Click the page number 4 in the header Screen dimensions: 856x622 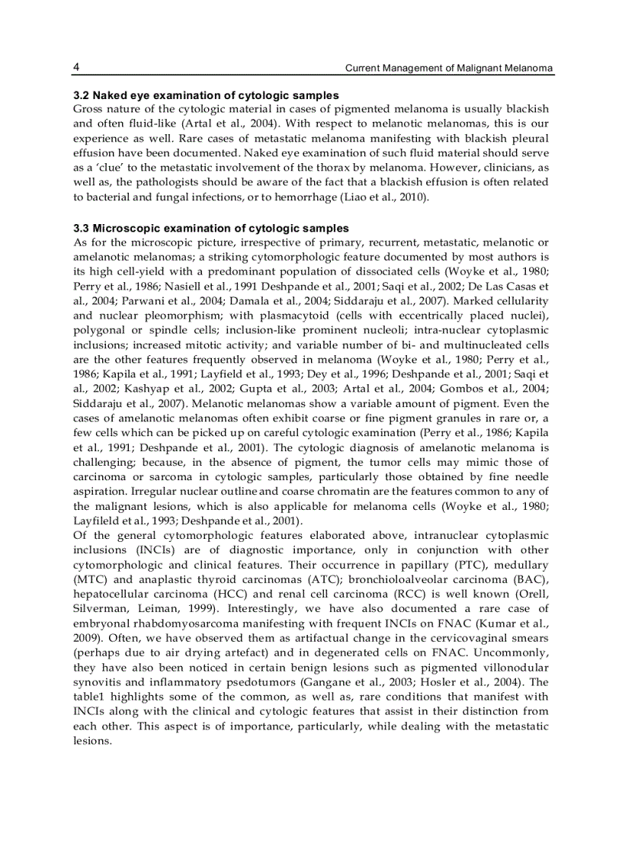tap(77, 68)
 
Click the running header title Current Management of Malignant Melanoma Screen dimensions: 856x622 tap(449, 69)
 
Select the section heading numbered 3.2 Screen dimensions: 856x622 tap(206, 95)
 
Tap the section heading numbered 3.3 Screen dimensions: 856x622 tap(211, 228)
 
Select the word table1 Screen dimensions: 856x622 tap(91, 695)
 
